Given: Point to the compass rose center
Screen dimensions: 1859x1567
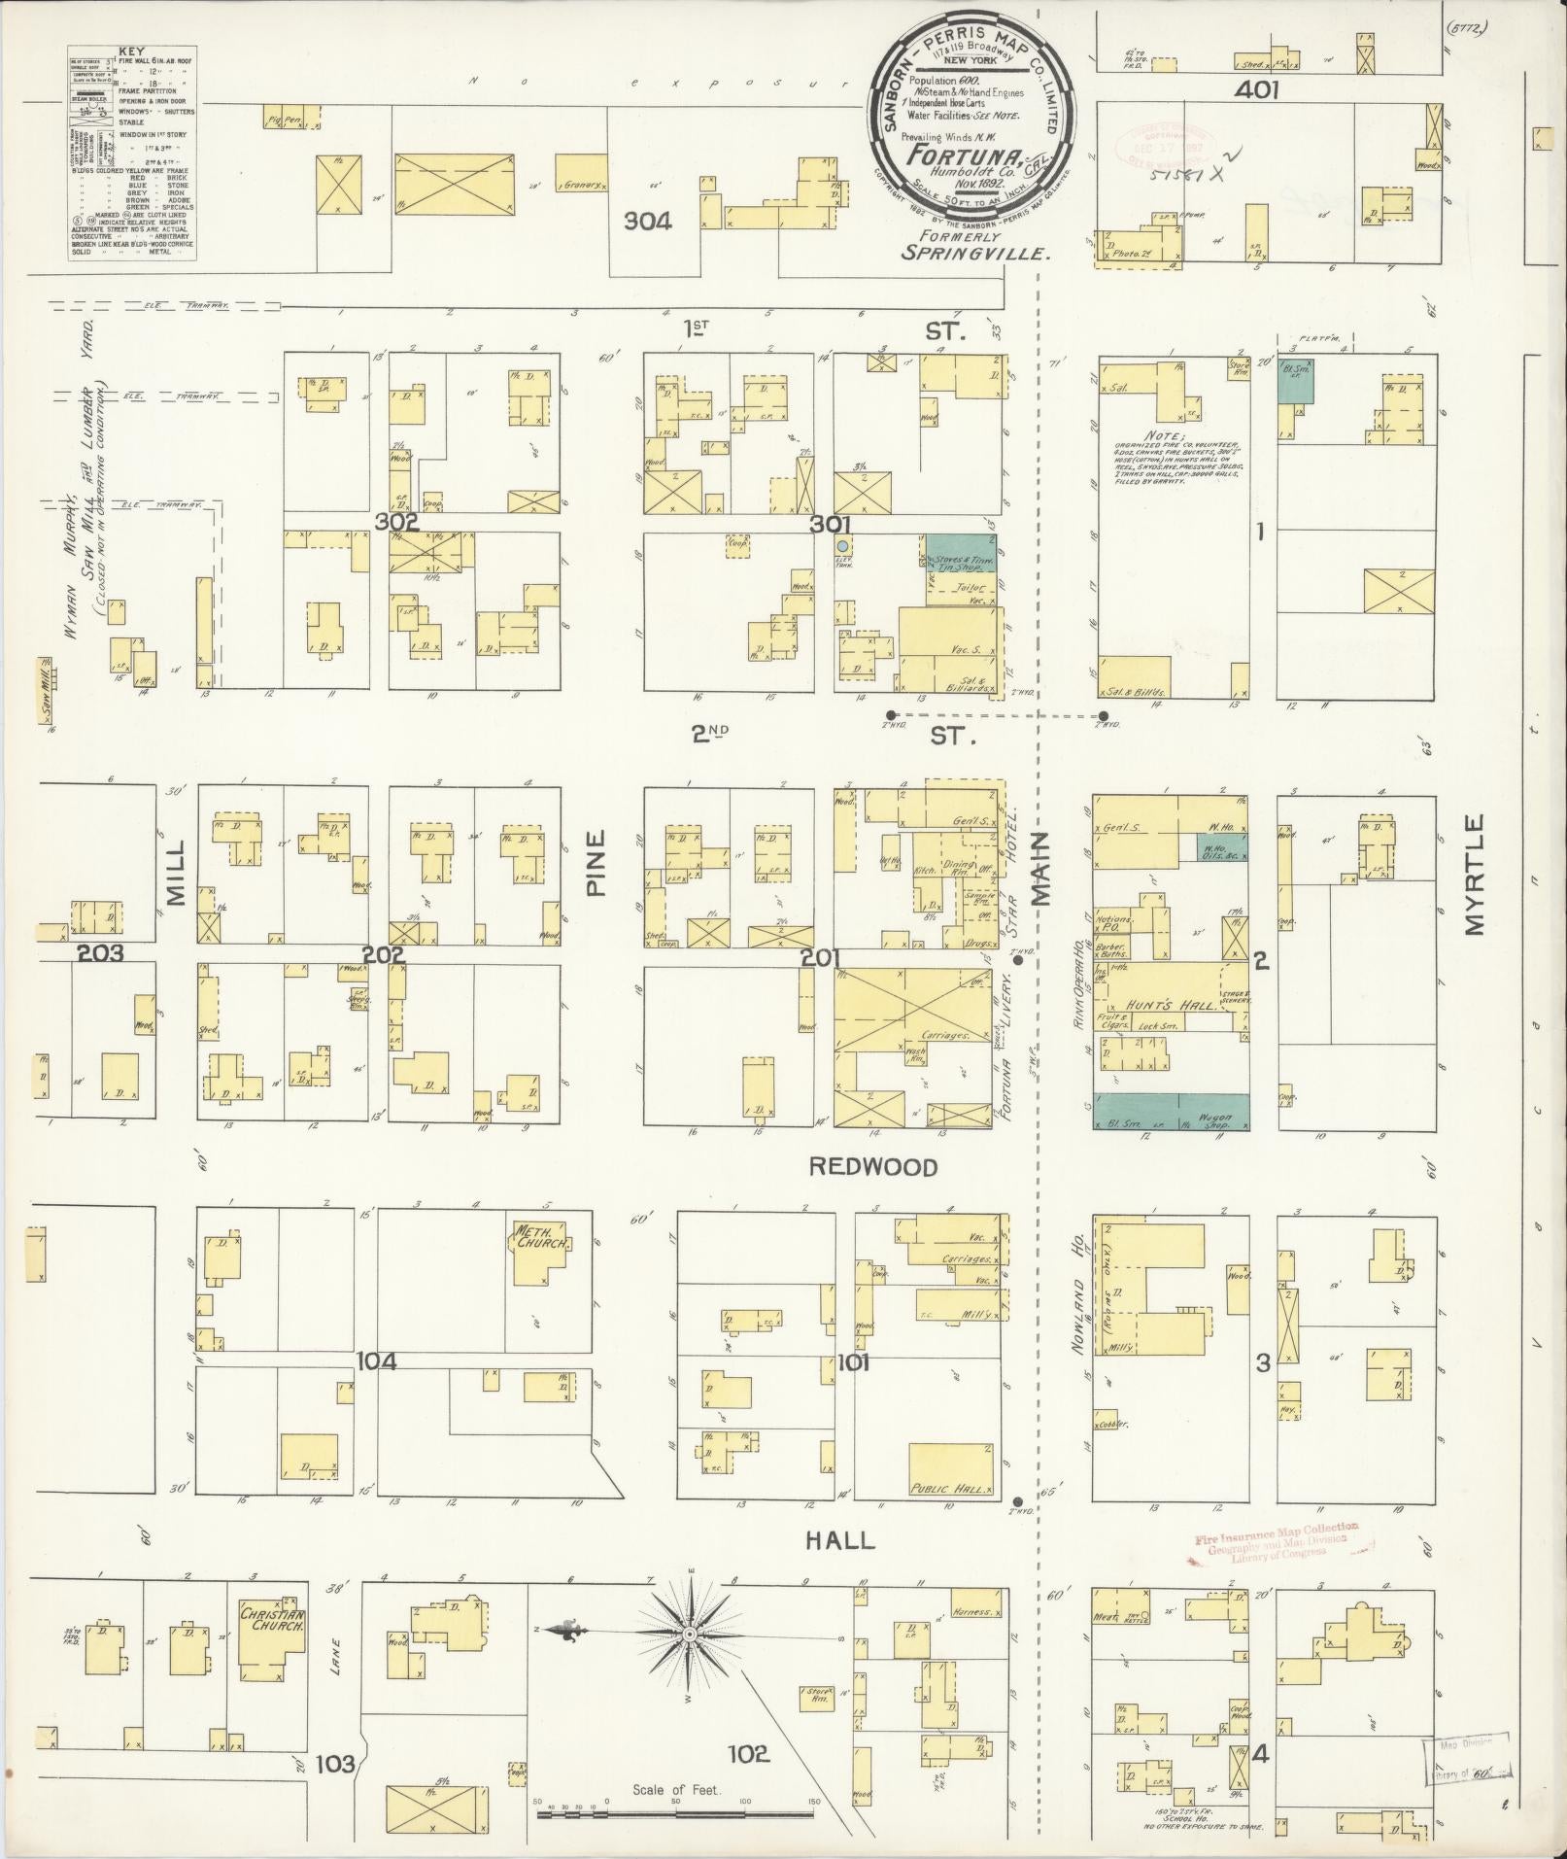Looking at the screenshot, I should (x=690, y=1634).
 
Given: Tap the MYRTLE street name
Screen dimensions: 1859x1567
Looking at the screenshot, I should (x=1476, y=876).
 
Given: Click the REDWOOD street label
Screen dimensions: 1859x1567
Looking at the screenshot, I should (x=873, y=1167).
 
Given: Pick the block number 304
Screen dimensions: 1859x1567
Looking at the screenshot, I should (x=648, y=222).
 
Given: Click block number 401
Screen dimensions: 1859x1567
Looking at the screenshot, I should (x=1257, y=91).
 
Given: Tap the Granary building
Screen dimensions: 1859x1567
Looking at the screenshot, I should (x=581, y=184).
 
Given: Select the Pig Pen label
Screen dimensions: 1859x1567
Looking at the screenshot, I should (x=283, y=121).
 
